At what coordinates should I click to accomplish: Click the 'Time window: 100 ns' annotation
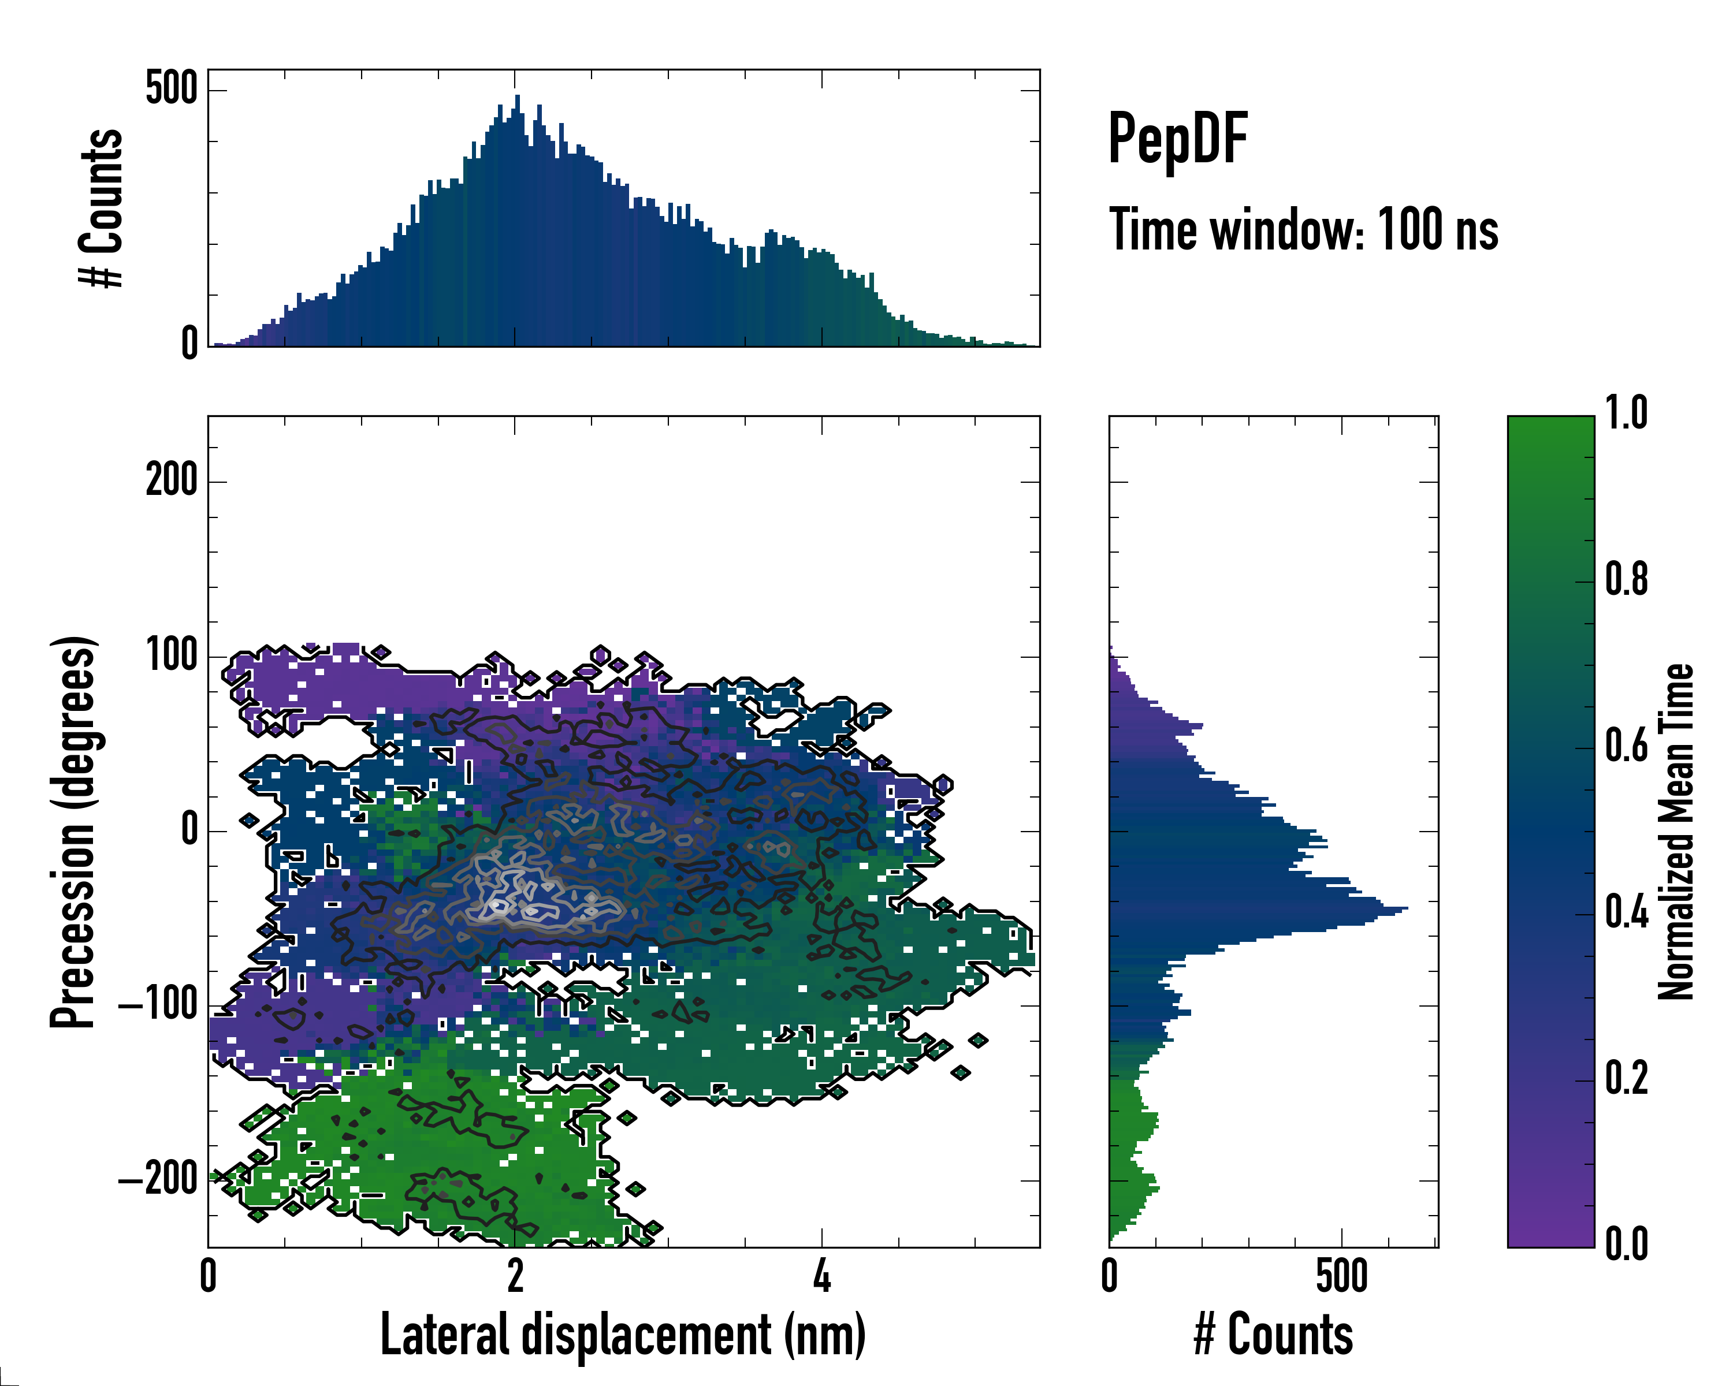1303,230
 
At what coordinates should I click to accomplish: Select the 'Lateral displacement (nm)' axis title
623,1335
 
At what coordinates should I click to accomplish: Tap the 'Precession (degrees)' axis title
74,832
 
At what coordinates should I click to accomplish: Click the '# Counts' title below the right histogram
1273,1335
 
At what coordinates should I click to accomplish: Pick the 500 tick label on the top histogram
171,88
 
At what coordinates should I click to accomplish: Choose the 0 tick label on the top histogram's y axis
189,343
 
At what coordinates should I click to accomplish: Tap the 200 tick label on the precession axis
171,481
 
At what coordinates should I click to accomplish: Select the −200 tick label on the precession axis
158,1179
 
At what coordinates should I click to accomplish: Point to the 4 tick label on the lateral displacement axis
821,1276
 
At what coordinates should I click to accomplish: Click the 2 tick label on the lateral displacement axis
515,1276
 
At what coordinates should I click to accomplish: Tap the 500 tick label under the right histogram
1341,1276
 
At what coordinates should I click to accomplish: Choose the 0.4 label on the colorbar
1626,914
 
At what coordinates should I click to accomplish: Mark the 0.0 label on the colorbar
1626,1244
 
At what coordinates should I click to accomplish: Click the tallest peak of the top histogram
518,96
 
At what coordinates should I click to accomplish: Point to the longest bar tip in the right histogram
1407,909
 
